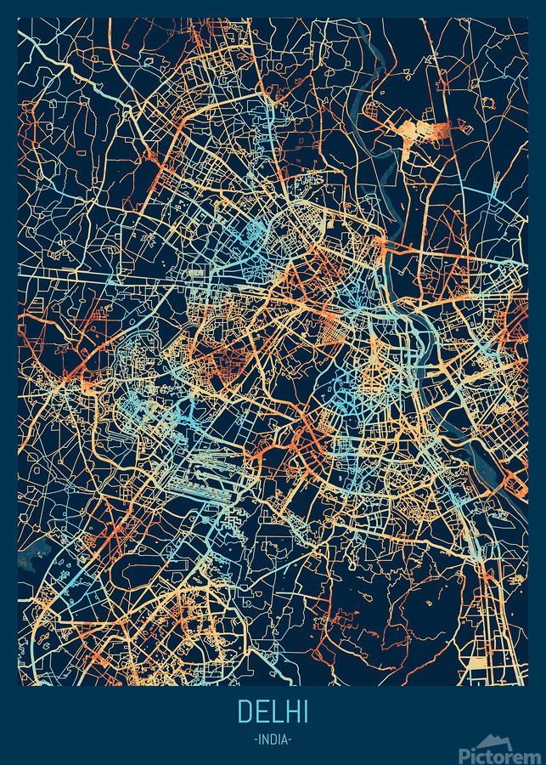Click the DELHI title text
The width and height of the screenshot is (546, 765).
pyautogui.click(x=273, y=711)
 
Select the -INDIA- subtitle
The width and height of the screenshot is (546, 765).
pyautogui.click(x=273, y=739)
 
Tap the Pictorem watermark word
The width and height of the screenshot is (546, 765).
pyautogui.click(x=500, y=754)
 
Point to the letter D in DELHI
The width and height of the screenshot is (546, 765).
pyautogui.click(x=245, y=711)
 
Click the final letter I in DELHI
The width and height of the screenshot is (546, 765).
pyautogui.click(x=304, y=711)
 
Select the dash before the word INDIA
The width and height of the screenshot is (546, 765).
pyautogui.click(x=256, y=739)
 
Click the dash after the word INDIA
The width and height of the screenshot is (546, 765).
pyautogui.click(x=290, y=739)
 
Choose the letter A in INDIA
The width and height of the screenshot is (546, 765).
pyautogui.click(x=284, y=739)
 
